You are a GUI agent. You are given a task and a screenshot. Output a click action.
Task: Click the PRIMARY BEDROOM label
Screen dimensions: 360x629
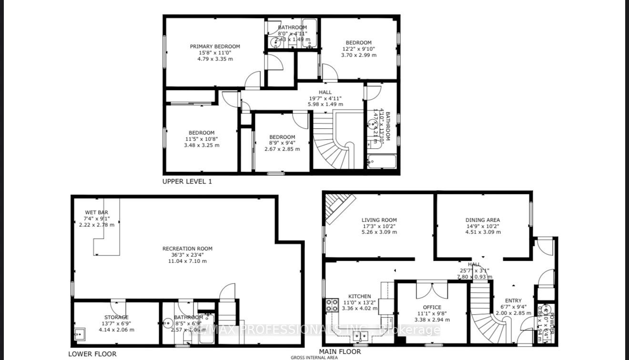pyautogui.click(x=215, y=46)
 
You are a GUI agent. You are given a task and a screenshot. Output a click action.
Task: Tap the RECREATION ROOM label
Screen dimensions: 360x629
pyautogui.click(x=187, y=248)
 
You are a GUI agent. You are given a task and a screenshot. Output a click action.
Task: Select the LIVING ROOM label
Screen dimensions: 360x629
pyautogui.click(x=379, y=220)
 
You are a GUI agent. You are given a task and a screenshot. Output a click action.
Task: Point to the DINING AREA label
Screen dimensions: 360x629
pyautogui.click(x=483, y=220)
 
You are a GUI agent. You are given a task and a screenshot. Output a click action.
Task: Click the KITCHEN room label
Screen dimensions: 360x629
pyautogui.click(x=359, y=296)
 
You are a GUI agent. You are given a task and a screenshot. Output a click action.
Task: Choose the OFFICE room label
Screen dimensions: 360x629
pyautogui.click(x=432, y=307)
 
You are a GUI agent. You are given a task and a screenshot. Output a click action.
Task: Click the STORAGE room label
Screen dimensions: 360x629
pyautogui.click(x=116, y=317)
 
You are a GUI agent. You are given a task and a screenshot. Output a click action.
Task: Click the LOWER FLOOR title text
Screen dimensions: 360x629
pyautogui.click(x=92, y=354)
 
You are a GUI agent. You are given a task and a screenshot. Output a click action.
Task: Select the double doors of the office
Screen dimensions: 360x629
pyautogui.click(x=432, y=290)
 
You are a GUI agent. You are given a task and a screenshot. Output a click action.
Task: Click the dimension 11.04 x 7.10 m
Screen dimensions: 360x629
pyautogui.click(x=187, y=261)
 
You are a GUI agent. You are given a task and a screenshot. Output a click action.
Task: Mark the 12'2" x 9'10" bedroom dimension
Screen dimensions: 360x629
pyautogui.click(x=359, y=49)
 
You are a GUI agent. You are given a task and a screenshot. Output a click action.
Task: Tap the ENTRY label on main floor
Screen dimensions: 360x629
pyautogui.click(x=513, y=300)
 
